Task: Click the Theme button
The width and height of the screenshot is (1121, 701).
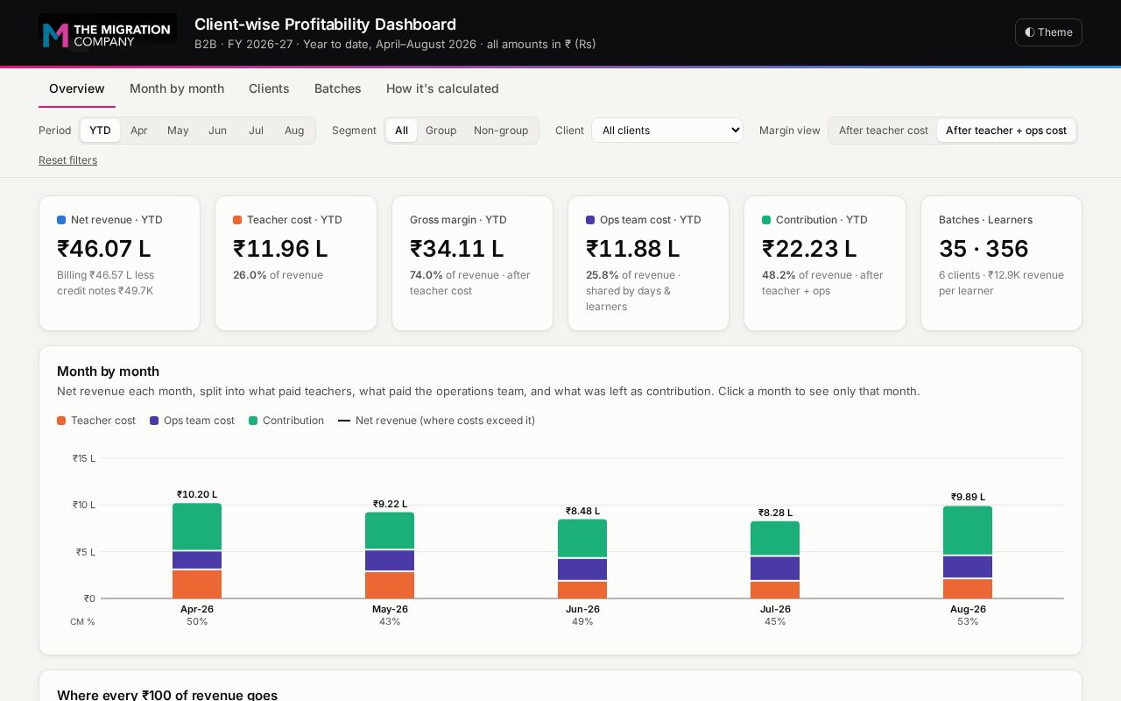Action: tap(1048, 32)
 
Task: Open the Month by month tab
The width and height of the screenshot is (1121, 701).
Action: tap(177, 89)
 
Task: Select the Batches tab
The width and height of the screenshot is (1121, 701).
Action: tap(337, 89)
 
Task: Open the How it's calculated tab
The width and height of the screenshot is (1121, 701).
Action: tap(442, 89)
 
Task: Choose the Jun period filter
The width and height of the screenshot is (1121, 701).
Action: tap(217, 131)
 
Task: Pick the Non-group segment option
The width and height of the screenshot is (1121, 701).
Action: tap(500, 131)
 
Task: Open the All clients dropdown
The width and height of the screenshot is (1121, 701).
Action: tap(667, 131)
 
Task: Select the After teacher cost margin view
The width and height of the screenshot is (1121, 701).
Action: tap(884, 131)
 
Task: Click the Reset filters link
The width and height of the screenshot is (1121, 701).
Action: tap(68, 160)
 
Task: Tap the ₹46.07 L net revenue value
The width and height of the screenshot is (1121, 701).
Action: tap(103, 248)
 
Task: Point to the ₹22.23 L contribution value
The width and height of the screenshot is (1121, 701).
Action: tap(808, 248)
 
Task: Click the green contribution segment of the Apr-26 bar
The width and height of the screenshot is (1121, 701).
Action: tap(197, 527)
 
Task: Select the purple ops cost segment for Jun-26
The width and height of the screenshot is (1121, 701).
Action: tap(582, 570)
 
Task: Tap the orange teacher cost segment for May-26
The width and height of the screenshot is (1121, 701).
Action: tap(390, 584)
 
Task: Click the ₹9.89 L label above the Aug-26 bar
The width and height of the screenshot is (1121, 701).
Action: tap(968, 497)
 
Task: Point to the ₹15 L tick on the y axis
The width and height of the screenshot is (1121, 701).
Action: tap(83, 458)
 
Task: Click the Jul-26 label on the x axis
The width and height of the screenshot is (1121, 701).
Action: tap(775, 609)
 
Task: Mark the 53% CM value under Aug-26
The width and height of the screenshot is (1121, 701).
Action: tap(968, 621)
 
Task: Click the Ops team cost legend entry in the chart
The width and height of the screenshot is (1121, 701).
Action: tap(192, 421)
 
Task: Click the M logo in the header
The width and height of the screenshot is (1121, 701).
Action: tap(55, 35)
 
